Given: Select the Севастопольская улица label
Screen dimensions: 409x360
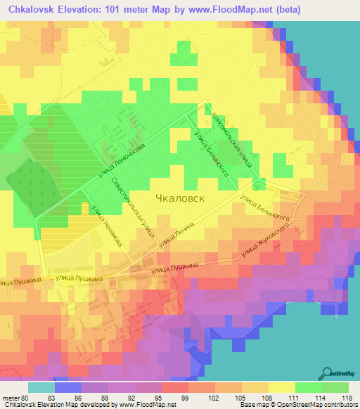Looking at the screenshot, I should pos(133,205).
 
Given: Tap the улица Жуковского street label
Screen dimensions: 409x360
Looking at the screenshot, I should pos(266,241).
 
